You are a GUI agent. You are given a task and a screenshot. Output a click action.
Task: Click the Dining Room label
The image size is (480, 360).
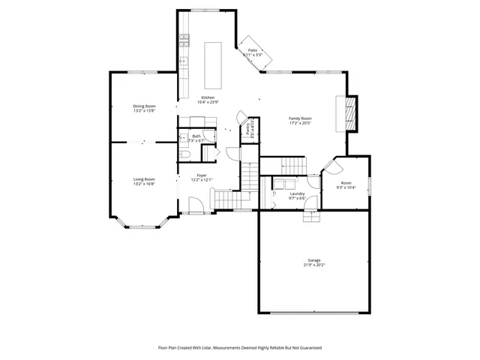(144, 106)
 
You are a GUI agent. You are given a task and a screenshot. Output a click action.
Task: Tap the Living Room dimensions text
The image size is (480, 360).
(144, 184)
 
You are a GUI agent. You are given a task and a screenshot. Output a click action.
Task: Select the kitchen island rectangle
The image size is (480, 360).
(214, 66)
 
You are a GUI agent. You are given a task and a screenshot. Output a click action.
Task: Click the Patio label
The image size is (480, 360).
(253, 49)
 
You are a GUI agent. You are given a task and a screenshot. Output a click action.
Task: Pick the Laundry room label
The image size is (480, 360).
(297, 193)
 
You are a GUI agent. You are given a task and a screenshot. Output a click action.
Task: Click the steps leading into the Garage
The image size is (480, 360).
(311, 217)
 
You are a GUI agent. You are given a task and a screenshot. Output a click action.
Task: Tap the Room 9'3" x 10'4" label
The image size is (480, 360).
(346, 185)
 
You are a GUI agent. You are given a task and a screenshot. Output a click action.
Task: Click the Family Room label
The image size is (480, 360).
(301, 118)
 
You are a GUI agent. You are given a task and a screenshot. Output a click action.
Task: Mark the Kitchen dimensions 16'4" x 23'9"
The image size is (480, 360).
(208, 102)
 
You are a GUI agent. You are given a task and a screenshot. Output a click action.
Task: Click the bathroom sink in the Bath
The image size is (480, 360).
(182, 138)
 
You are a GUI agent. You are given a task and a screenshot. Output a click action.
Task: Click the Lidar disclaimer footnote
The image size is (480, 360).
(239, 347)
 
